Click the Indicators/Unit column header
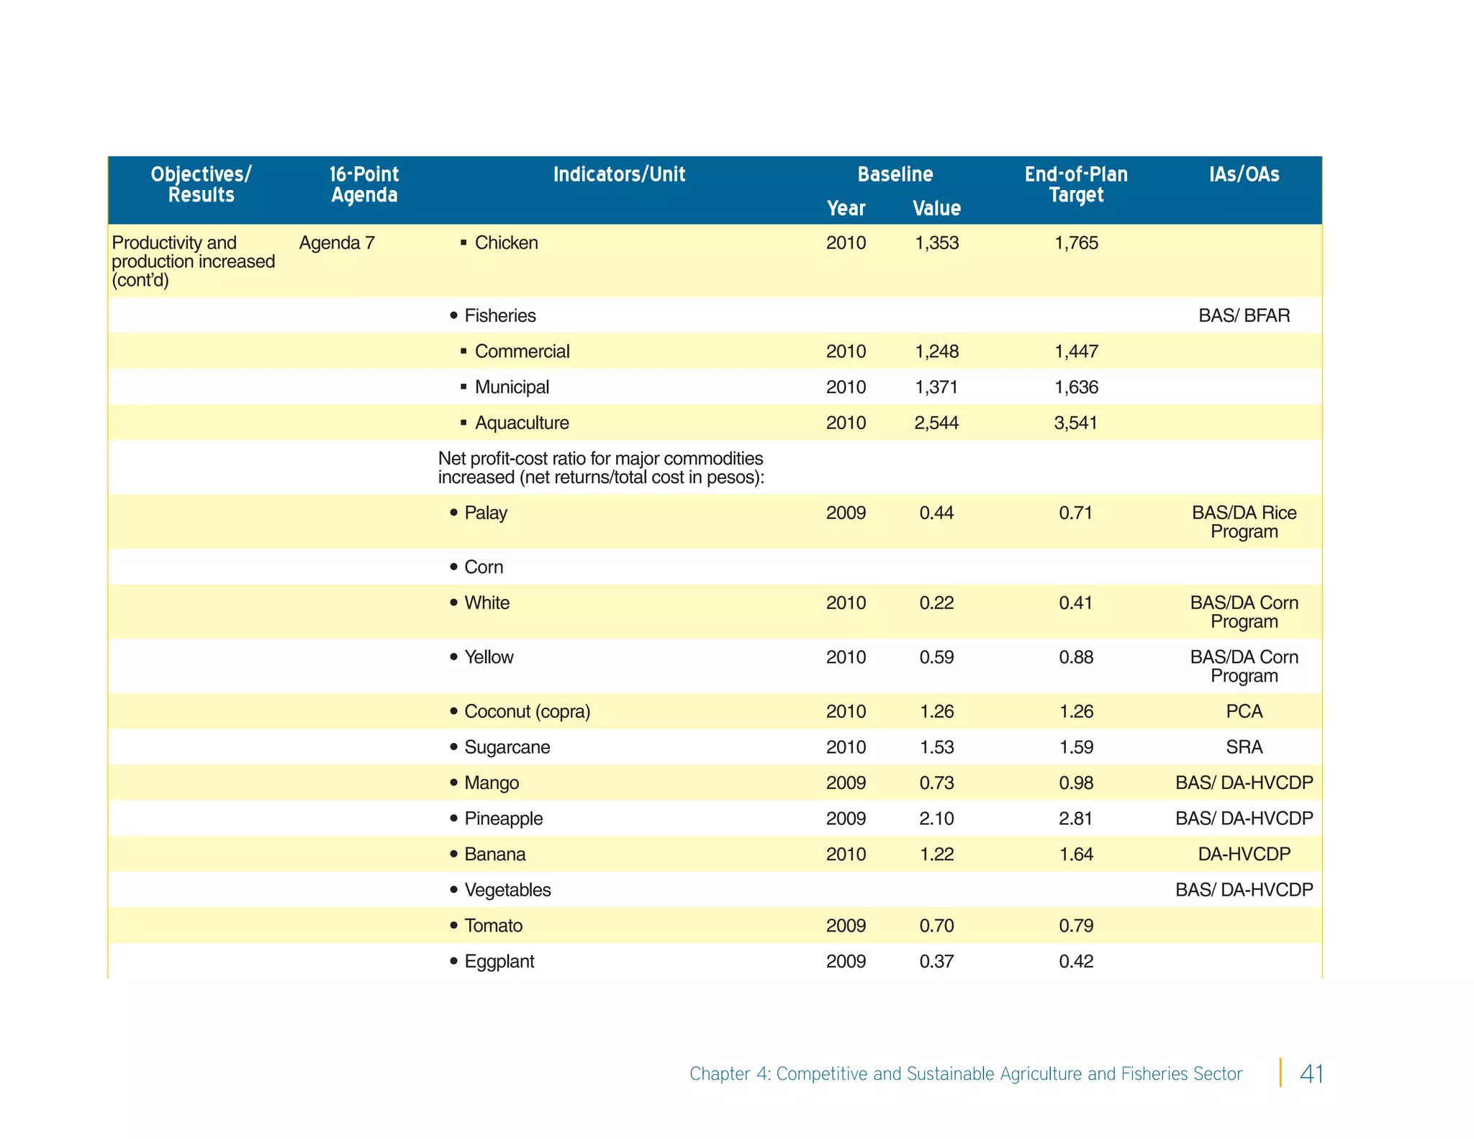[x=619, y=174]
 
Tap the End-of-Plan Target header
[x=1076, y=184]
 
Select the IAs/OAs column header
[x=1244, y=174]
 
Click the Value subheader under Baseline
[x=936, y=208]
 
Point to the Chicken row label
[x=506, y=243]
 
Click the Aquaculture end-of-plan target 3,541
[x=1076, y=423]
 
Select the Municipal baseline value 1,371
[x=936, y=387]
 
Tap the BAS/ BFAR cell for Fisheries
[x=1244, y=315]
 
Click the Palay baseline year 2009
[x=846, y=513]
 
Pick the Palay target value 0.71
[x=1076, y=513]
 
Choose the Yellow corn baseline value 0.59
[x=936, y=657]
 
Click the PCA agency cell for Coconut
[x=1244, y=711]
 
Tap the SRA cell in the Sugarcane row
[x=1244, y=747]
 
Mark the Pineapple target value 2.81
[x=1076, y=819]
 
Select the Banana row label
[x=494, y=854]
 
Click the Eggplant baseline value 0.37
[x=936, y=961]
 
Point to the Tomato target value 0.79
[x=1076, y=925]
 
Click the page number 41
[x=1311, y=1073]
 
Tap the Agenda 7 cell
[x=337, y=243]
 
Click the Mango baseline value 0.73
[x=936, y=783]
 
